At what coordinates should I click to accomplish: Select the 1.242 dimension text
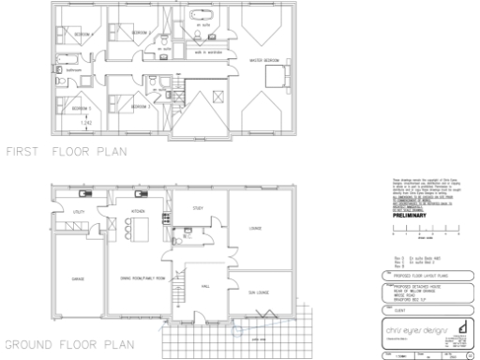tap(85, 124)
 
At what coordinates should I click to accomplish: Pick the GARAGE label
tap(78, 278)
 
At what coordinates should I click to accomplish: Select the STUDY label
tap(198, 208)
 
